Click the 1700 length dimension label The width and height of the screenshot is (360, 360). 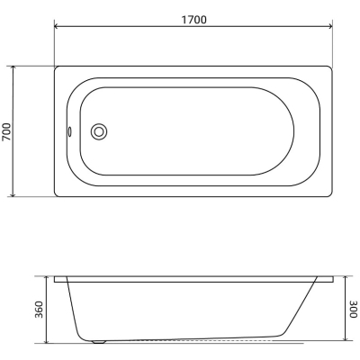click(193, 20)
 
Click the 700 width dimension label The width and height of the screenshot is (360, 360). click(6, 131)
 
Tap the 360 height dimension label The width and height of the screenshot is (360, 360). click(39, 310)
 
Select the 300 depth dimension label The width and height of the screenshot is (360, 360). click(354, 309)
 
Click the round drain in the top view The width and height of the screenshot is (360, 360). click(99, 131)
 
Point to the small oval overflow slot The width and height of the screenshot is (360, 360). click(69, 131)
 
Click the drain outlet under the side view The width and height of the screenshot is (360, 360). click(99, 341)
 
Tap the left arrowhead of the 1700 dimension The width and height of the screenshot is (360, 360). click(57, 26)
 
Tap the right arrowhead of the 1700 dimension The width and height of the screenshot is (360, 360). click(330, 26)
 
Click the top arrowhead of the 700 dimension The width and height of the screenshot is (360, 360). click(13, 68)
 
